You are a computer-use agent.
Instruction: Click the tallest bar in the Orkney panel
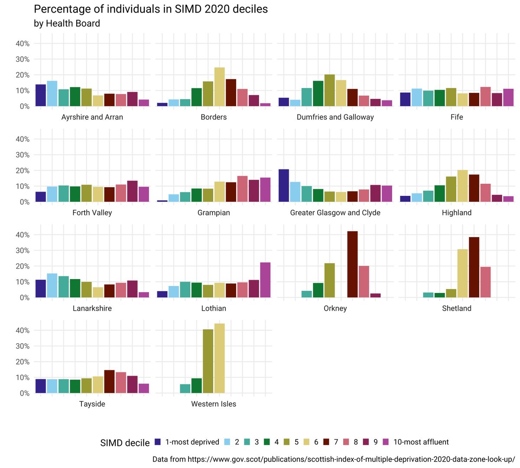pyautogui.click(x=352, y=264)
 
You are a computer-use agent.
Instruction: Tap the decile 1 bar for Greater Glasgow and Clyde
pyautogui.click(x=283, y=185)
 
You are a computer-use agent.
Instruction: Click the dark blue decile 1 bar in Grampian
pyautogui.click(x=162, y=201)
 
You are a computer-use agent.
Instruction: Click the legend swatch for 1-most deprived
pyautogui.click(x=158, y=442)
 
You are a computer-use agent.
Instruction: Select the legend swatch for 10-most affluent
pyautogui.click(x=386, y=442)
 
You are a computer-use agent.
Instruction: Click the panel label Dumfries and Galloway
pyautogui.click(x=335, y=117)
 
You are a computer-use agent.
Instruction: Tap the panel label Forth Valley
pyautogui.click(x=92, y=213)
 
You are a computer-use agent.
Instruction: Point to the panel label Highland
pyautogui.click(x=456, y=213)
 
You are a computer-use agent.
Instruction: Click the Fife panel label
pyautogui.click(x=456, y=117)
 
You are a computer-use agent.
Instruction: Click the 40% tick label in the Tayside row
pyautogui.click(x=23, y=331)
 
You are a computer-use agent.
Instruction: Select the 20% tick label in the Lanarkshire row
pyautogui.click(x=23, y=266)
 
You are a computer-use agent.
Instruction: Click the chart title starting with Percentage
pyautogui.click(x=151, y=9)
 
